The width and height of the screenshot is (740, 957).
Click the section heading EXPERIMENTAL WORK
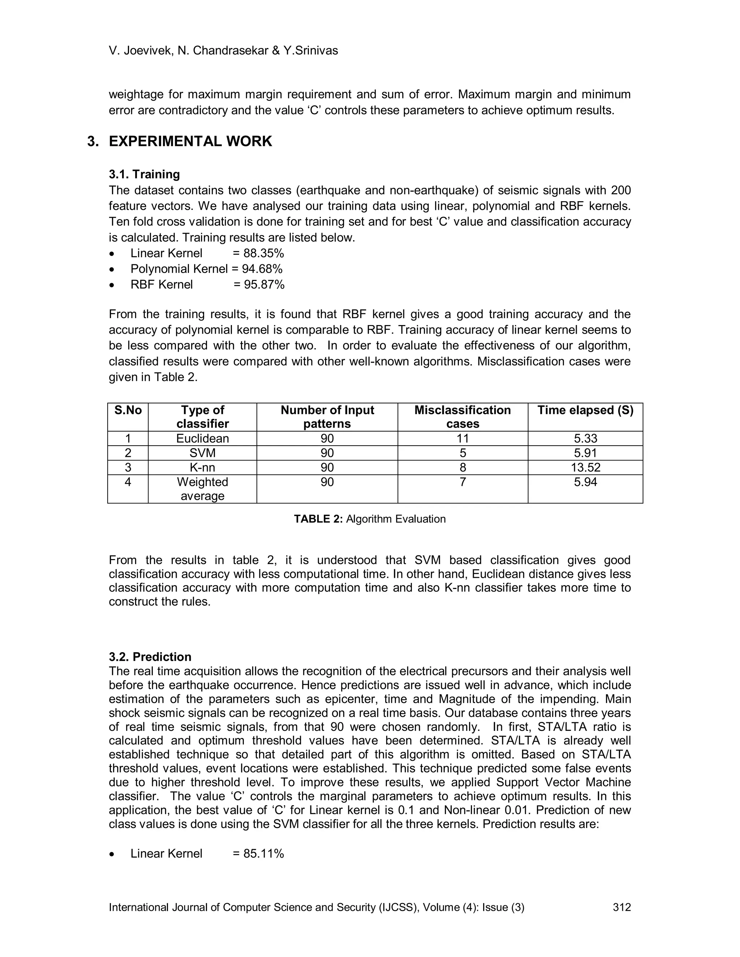(190, 142)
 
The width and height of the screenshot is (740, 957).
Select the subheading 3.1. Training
(144, 174)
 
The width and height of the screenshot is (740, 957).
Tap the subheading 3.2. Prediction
(150, 657)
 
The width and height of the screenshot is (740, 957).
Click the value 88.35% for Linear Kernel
(263, 253)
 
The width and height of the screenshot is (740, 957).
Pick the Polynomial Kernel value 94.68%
(262, 269)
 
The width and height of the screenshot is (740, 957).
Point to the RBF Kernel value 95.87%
(264, 285)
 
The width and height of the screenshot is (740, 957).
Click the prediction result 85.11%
(263, 854)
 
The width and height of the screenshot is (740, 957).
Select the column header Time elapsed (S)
(585, 410)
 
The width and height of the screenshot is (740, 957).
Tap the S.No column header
(128, 410)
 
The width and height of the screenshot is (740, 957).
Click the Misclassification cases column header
(462, 417)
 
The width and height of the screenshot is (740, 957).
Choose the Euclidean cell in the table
(203, 439)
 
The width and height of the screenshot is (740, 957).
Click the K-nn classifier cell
(203, 468)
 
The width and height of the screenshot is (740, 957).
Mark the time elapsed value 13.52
(585, 468)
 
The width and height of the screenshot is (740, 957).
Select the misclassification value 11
(462, 439)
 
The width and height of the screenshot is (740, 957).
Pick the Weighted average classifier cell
(203, 489)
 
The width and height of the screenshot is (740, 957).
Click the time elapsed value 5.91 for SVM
(585, 453)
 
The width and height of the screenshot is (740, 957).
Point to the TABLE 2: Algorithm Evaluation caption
(370, 519)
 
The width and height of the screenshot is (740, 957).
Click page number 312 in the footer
(621, 908)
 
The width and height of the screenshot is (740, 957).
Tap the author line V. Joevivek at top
(223, 51)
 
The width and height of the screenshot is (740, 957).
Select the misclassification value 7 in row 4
(462, 482)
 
